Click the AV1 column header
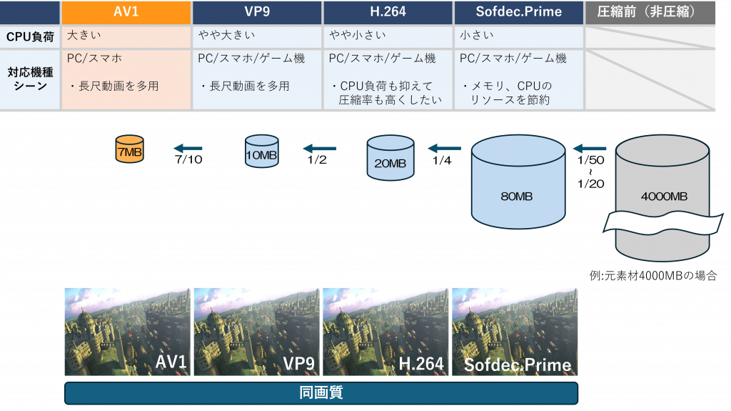[126, 11]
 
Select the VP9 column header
[257, 11]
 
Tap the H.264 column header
[388, 11]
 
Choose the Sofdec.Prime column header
[518, 11]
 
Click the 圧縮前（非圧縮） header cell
[650, 11]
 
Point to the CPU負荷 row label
[30, 36]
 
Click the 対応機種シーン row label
[30, 79]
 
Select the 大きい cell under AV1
[126, 36]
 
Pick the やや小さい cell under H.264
[388, 36]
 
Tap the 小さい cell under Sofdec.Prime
[518, 36]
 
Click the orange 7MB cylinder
[130, 150]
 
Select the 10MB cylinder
[261, 152]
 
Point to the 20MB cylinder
[390, 159]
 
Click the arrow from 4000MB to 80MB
[590, 149]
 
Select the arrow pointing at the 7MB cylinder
[188, 149]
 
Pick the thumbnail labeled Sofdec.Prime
[515, 332]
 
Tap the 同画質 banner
[321, 393]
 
